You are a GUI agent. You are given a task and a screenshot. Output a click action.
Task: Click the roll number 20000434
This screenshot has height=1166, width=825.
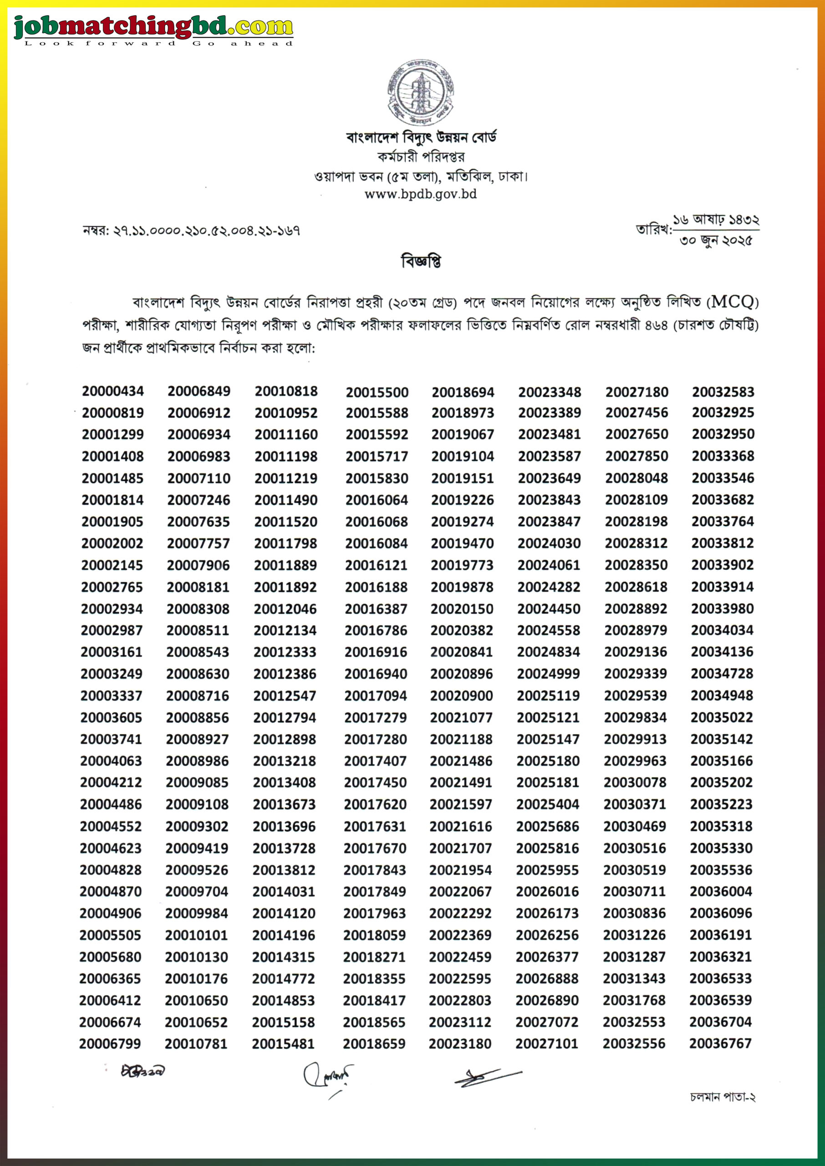pos(113,391)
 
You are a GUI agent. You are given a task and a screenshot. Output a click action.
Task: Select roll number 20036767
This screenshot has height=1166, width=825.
pos(720,1043)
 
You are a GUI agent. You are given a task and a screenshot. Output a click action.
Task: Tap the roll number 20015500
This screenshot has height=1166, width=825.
pos(377,392)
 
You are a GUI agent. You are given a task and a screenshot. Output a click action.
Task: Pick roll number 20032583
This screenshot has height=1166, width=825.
pos(723,392)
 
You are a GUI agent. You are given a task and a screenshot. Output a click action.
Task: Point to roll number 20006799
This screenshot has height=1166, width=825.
pos(110,1043)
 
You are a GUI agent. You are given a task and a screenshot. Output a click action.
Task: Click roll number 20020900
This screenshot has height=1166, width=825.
pos(461,696)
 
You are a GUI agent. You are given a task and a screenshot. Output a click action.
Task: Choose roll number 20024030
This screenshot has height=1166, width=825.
pos(549,543)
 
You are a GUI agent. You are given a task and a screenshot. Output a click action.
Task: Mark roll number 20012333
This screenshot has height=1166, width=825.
pos(285,652)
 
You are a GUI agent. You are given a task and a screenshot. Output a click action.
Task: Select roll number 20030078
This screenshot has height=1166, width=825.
pos(635,782)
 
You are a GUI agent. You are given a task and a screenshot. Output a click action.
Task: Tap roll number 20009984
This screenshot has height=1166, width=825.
pos(197,913)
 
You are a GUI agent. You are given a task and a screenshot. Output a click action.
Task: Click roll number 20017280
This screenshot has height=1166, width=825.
pos(376,739)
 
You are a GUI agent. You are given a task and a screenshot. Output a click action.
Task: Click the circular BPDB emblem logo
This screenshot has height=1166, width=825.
pos(420,93)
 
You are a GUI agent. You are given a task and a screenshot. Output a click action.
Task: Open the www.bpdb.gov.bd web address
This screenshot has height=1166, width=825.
pos(421,194)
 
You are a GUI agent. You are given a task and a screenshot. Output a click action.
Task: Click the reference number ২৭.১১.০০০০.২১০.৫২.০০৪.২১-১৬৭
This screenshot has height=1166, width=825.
pos(206,231)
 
